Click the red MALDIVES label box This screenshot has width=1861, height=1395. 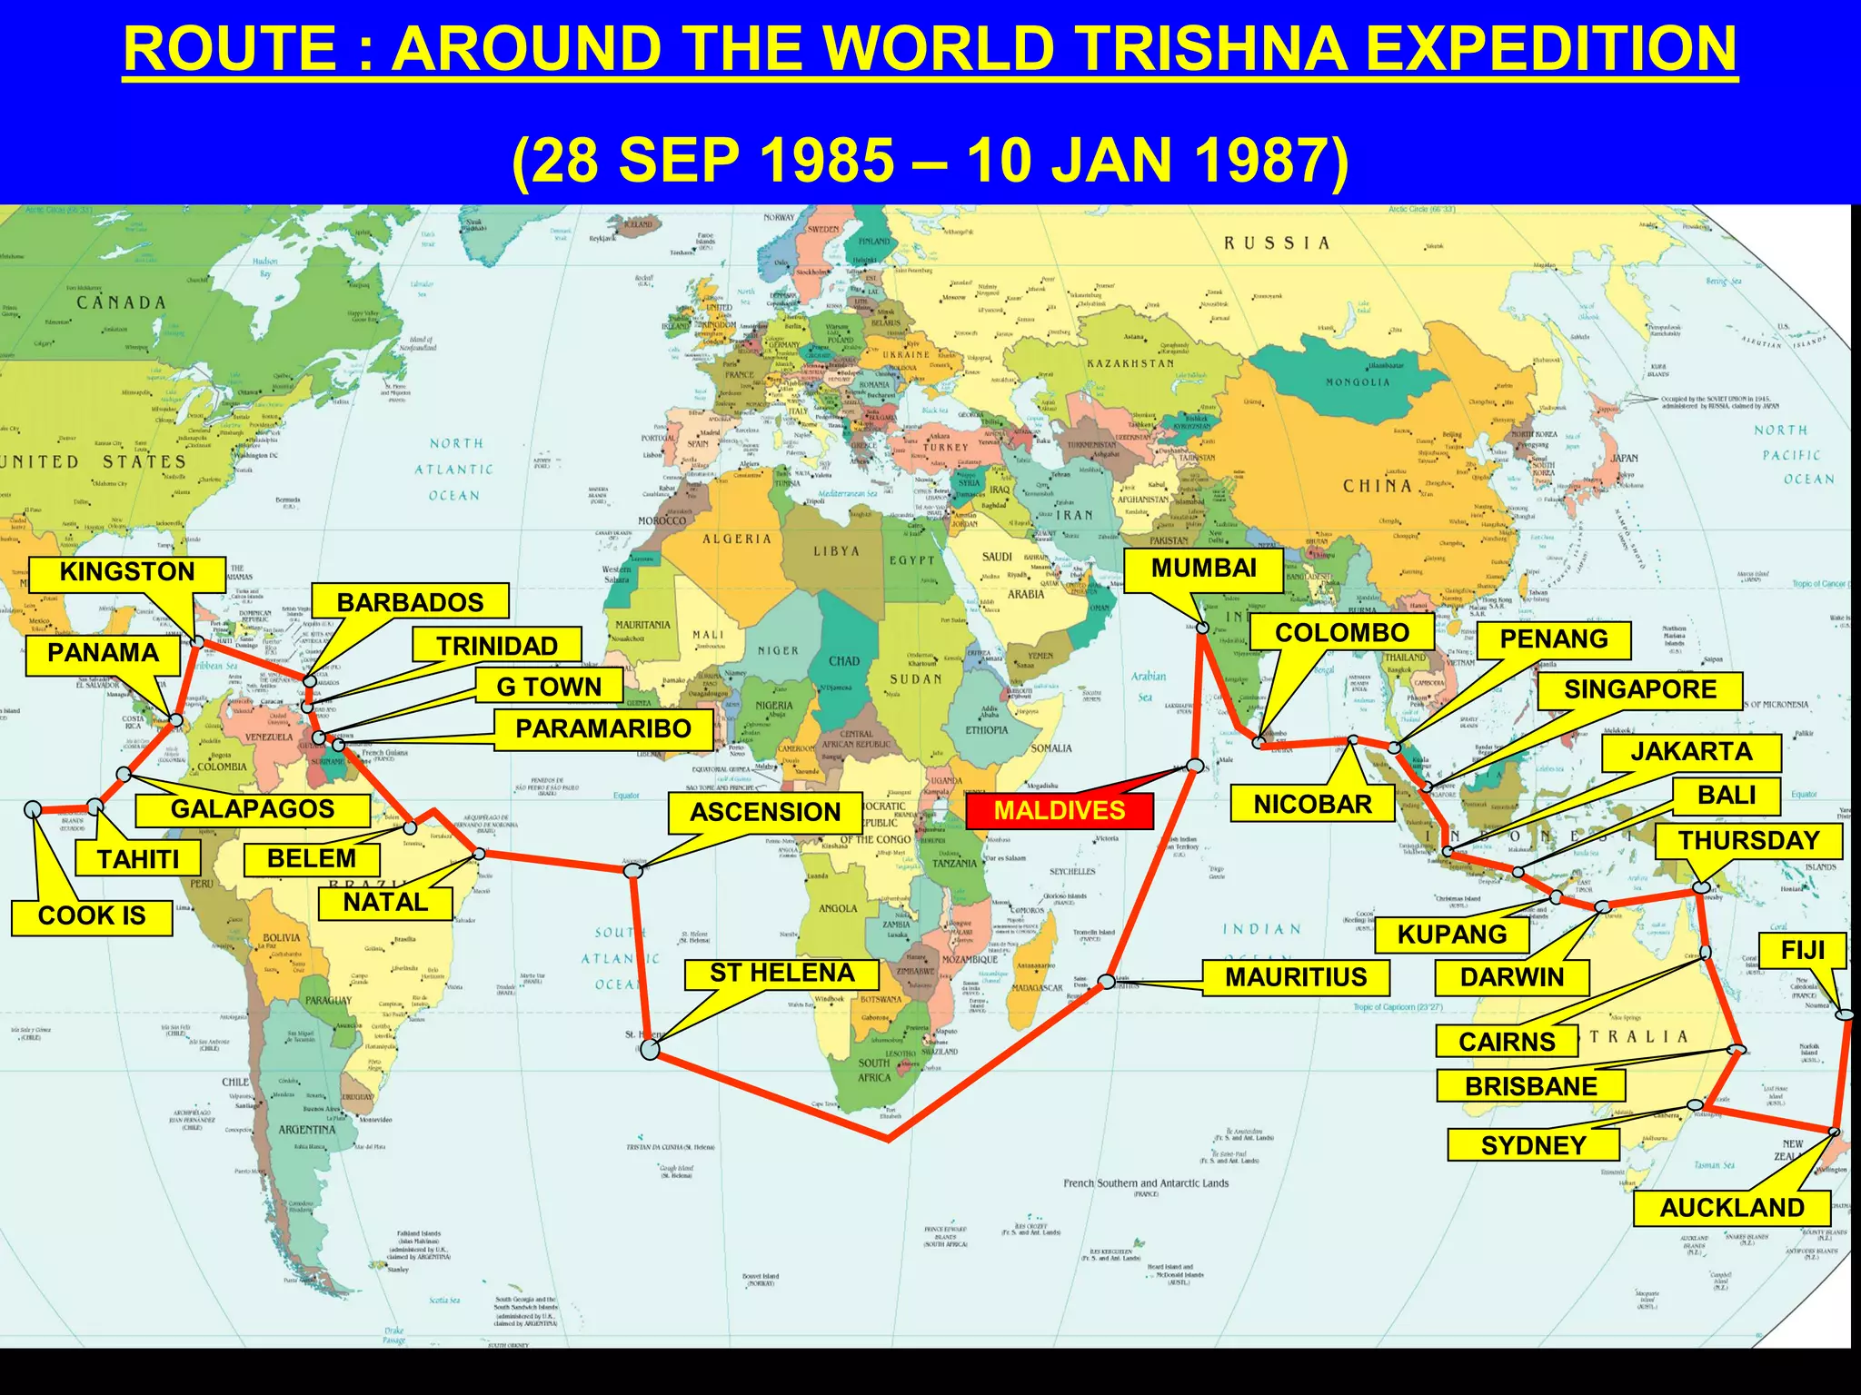(1060, 810)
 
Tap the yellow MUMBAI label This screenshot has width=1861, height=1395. (1203, 569)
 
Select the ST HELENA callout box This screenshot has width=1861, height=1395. (781, 974)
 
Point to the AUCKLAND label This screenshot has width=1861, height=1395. (1732, 1208)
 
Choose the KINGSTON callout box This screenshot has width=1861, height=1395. (126, 572)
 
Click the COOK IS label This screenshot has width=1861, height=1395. (92, 915)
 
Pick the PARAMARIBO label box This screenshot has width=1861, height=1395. (603, 728)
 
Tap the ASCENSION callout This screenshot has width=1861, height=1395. (765, 812)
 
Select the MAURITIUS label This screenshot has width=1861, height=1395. (1296, 977)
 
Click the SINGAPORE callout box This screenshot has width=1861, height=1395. (1640, 689)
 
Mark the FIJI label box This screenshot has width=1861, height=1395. (1803, 951)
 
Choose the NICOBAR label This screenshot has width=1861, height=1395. (1312, 804)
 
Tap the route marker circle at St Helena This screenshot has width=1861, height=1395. (650, 1050)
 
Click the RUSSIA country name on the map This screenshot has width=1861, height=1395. (1276, 243)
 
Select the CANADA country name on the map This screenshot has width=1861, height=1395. (121, 302)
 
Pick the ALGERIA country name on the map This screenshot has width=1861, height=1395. (736, 539)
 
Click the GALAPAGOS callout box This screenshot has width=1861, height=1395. (253, 809)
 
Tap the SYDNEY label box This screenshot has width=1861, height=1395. (1533, 1145)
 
